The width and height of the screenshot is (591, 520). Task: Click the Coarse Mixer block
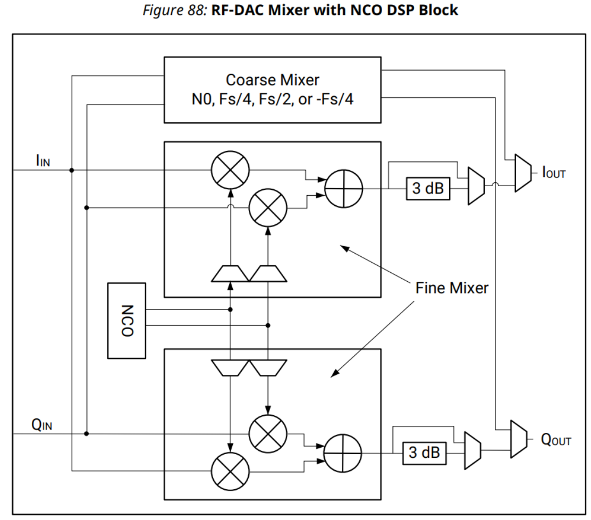[x=273, y=90]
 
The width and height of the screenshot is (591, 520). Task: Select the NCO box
[x=126, y=321]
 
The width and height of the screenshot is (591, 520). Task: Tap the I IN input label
[x=43, y=160]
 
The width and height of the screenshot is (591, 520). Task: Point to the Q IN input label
[x=42, y=425]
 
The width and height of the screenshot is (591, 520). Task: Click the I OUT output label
[x=554, y=172]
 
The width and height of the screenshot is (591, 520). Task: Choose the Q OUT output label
[x=556, y=440]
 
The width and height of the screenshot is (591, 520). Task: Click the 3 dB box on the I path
[x=428, y=188]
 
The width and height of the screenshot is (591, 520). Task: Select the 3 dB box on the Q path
[x=425, y=452]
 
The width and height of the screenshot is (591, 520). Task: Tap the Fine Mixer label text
[x=452, y=288]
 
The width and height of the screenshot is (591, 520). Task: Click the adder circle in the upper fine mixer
[x=343, y=189]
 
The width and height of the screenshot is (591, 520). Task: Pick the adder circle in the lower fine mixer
[x=343, y=453]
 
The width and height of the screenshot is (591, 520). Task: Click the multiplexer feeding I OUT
[x=523, y=173]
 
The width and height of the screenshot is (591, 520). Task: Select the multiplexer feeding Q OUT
[x=519, y=439]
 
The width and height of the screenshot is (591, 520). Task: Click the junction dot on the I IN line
[x=72, y=170]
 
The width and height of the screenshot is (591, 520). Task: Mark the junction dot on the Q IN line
[x=86, y=434]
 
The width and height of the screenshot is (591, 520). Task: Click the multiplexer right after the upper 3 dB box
[x=476, y=186]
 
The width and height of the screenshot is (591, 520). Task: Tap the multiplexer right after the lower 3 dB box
[x=472, y=451]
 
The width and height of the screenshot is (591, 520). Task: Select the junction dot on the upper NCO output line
[x=230, y=309]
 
